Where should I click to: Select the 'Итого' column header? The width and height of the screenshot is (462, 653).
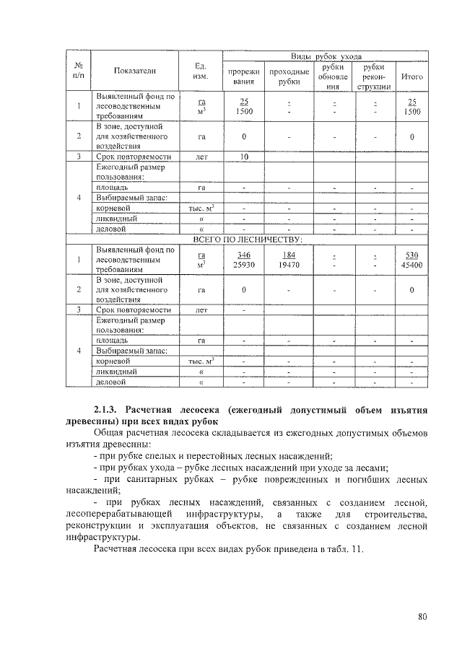(x=411, y=76)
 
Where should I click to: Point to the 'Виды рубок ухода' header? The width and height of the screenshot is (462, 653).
(x=326, y=56)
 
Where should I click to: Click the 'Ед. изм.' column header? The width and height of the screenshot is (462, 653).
(x=202, y=70)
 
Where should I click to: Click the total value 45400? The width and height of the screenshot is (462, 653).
(x=412, y=265)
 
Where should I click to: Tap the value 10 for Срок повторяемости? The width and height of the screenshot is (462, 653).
(x=244, y=157)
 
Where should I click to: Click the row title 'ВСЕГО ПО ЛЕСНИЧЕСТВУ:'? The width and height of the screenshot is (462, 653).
(x=247, y=239)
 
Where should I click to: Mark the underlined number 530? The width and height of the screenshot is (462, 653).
(x=412, y=255)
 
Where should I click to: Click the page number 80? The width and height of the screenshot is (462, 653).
(x=422, y=615)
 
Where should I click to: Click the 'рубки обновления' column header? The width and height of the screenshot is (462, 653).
(x=333, y=76)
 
